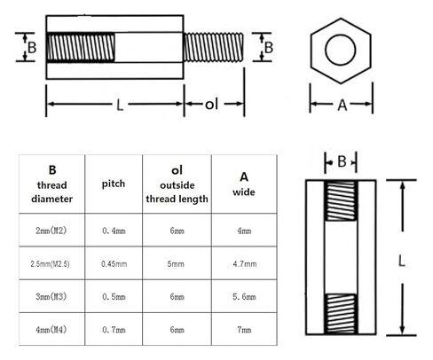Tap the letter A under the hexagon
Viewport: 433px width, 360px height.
342,105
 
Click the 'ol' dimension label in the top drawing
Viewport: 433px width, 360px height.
211,105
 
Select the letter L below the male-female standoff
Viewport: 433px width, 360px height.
120,105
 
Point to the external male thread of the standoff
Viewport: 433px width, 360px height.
214,47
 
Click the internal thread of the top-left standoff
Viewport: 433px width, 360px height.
81,47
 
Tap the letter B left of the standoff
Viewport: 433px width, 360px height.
32,47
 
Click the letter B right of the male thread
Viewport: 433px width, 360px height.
269,47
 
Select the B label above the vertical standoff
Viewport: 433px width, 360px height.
342,161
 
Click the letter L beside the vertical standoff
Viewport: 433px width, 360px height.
401,262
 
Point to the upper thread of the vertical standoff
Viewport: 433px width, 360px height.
341,200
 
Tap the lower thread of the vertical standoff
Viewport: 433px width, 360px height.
341,314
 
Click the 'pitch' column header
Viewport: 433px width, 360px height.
114,184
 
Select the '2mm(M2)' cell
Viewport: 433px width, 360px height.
51,231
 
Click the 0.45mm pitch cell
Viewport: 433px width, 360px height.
114,263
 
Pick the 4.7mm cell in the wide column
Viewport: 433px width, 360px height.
245,263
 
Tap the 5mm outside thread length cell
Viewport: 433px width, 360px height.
176,263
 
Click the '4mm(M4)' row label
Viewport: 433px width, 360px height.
51,329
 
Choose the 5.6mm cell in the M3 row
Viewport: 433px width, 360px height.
244,296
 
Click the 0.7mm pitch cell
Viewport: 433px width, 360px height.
114,329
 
